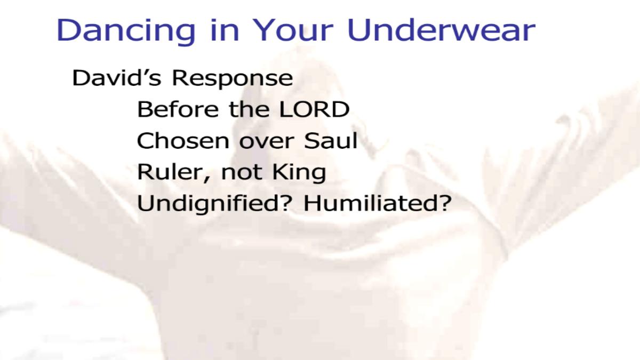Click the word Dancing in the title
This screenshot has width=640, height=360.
[126, 31]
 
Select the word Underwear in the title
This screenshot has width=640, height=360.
[441, 30]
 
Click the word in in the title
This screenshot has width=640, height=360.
[225, 30]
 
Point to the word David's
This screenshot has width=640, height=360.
[117, 77]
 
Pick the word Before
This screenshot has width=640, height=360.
[178, 109]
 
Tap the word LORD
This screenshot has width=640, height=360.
[314, 109]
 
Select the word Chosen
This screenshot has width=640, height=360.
[183, 141]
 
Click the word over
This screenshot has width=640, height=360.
[267, 142]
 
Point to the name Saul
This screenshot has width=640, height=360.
[331, 140]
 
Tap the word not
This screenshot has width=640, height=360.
[242, 173]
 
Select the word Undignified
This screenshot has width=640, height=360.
[211, 203]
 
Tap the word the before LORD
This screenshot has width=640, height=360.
[249, 109]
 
